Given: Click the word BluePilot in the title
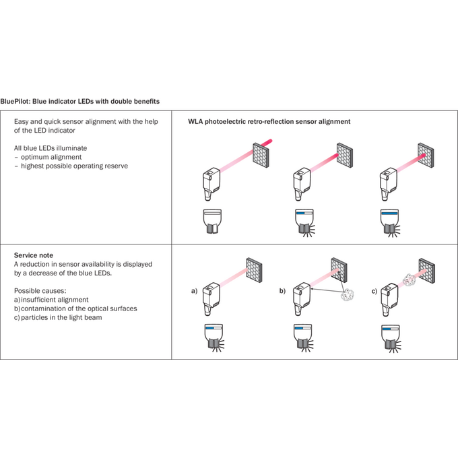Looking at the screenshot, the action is tap(15, 101).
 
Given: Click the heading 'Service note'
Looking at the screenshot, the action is tap(34, 255).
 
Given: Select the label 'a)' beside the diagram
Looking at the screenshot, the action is tap(194, 291).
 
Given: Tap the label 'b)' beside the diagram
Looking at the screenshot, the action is tap(282, 291).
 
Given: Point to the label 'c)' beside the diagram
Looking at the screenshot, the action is tap(374, 291).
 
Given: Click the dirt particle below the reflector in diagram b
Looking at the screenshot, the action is tap(348, 295).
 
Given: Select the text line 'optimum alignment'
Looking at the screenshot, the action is tap(51, 157).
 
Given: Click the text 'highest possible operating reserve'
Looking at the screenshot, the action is tap(74, 166).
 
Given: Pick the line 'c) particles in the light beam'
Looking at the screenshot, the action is tap(58, 317).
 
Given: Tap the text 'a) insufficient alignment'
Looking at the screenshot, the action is tap(51, 300).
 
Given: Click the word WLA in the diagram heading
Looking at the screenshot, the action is tap(195, 121).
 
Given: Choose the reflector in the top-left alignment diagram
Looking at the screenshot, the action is tap(261, 155).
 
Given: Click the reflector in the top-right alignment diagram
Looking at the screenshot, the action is tap(426, 155).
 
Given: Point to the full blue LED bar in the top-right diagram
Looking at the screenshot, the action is tap(390, 214).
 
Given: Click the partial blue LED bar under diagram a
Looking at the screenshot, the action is tap(210, 328).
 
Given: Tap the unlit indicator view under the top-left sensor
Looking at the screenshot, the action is tap(212, 221).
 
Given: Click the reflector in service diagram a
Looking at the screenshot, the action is tap(254, 270).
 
